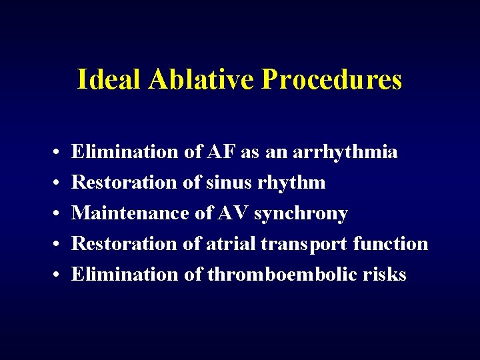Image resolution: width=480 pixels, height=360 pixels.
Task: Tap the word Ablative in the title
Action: click(x=202, y=79)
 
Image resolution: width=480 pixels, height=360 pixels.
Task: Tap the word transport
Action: click(x=303, y=245)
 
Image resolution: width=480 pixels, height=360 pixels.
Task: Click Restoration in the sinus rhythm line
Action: click(x=123, y=183)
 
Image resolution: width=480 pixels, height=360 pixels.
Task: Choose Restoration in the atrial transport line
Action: click(x=123, y=244)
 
